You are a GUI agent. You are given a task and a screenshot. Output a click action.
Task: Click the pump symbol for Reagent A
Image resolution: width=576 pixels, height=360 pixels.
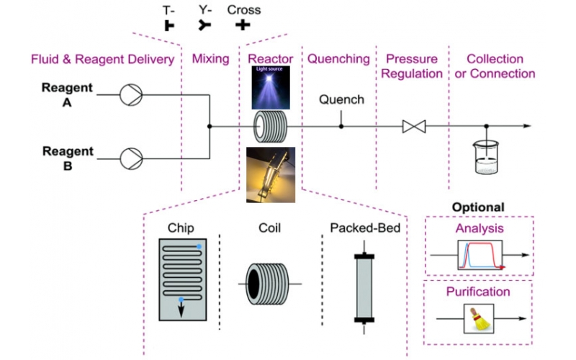click(133, 94)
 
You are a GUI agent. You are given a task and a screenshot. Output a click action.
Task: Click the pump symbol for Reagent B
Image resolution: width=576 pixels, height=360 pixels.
click(133, 156)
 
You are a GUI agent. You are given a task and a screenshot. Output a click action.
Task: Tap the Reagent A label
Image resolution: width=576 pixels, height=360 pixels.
click(69, 94)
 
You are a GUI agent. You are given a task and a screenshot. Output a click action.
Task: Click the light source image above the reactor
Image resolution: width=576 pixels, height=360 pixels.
click(271, 85)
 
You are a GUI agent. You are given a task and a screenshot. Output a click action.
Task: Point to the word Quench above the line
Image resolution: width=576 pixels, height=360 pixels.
click(341, 99)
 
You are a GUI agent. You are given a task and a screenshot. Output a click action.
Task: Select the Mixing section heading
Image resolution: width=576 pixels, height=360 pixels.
click(210, 59)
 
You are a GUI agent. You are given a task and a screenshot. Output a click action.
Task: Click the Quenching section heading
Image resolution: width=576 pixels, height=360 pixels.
click(338, 59)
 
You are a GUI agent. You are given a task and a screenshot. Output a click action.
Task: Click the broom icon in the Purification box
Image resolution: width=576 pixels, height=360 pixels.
click(476, 318)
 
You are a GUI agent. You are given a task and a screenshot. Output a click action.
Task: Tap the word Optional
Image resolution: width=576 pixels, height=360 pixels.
click(478, 207)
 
